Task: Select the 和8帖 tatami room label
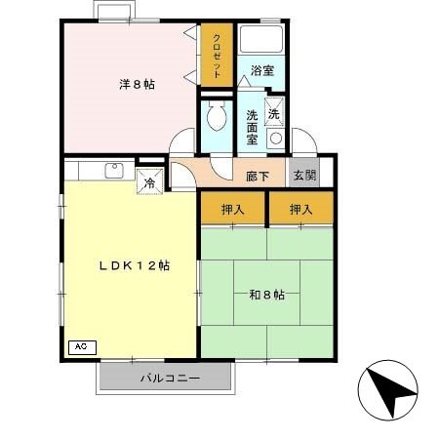(x=265, y=295)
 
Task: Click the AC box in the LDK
(x=80, y=346)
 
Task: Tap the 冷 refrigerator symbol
(x=150, y=181)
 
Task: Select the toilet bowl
(x=216, y=121)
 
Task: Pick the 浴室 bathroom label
(x=260, y=70)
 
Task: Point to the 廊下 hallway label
(x=257, y=177)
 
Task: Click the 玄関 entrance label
(x=303, y=176)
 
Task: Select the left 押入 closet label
(x=232, y=209)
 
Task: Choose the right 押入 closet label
(x=300, y=209)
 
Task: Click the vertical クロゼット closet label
(x=216, y=56)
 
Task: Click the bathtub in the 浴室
(x=261, y=42)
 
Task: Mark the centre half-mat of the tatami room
(x=265, y=293)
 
